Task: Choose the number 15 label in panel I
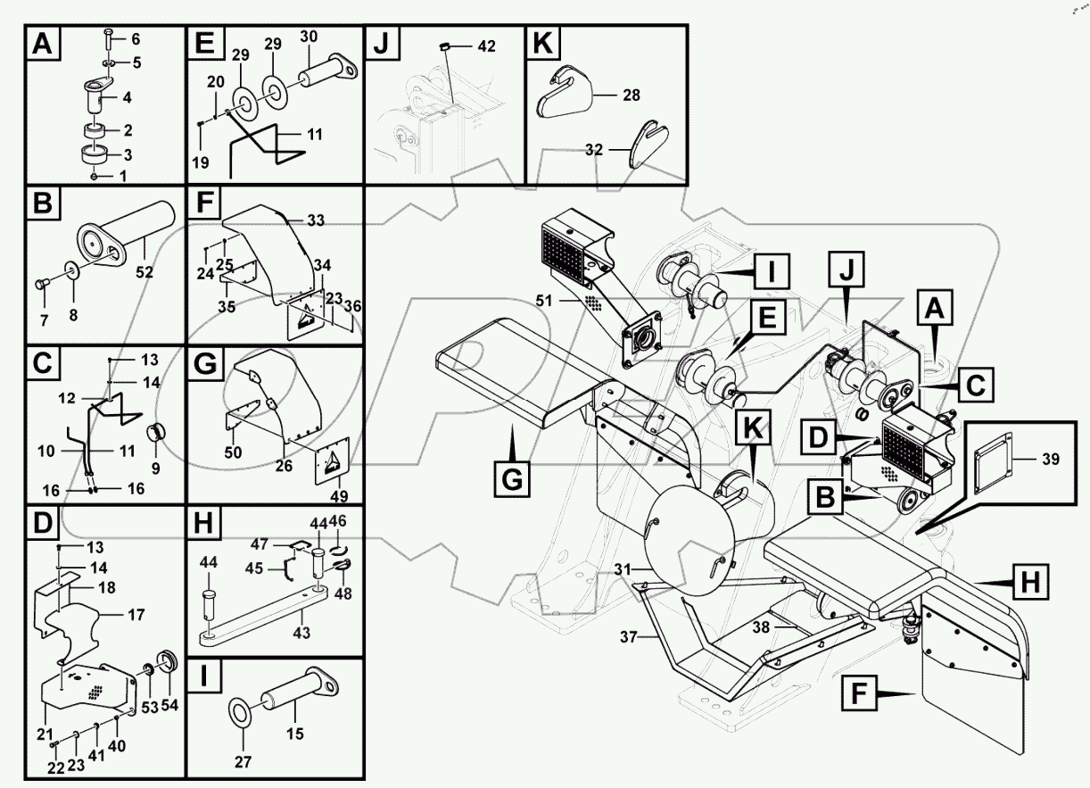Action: (295, 734)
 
